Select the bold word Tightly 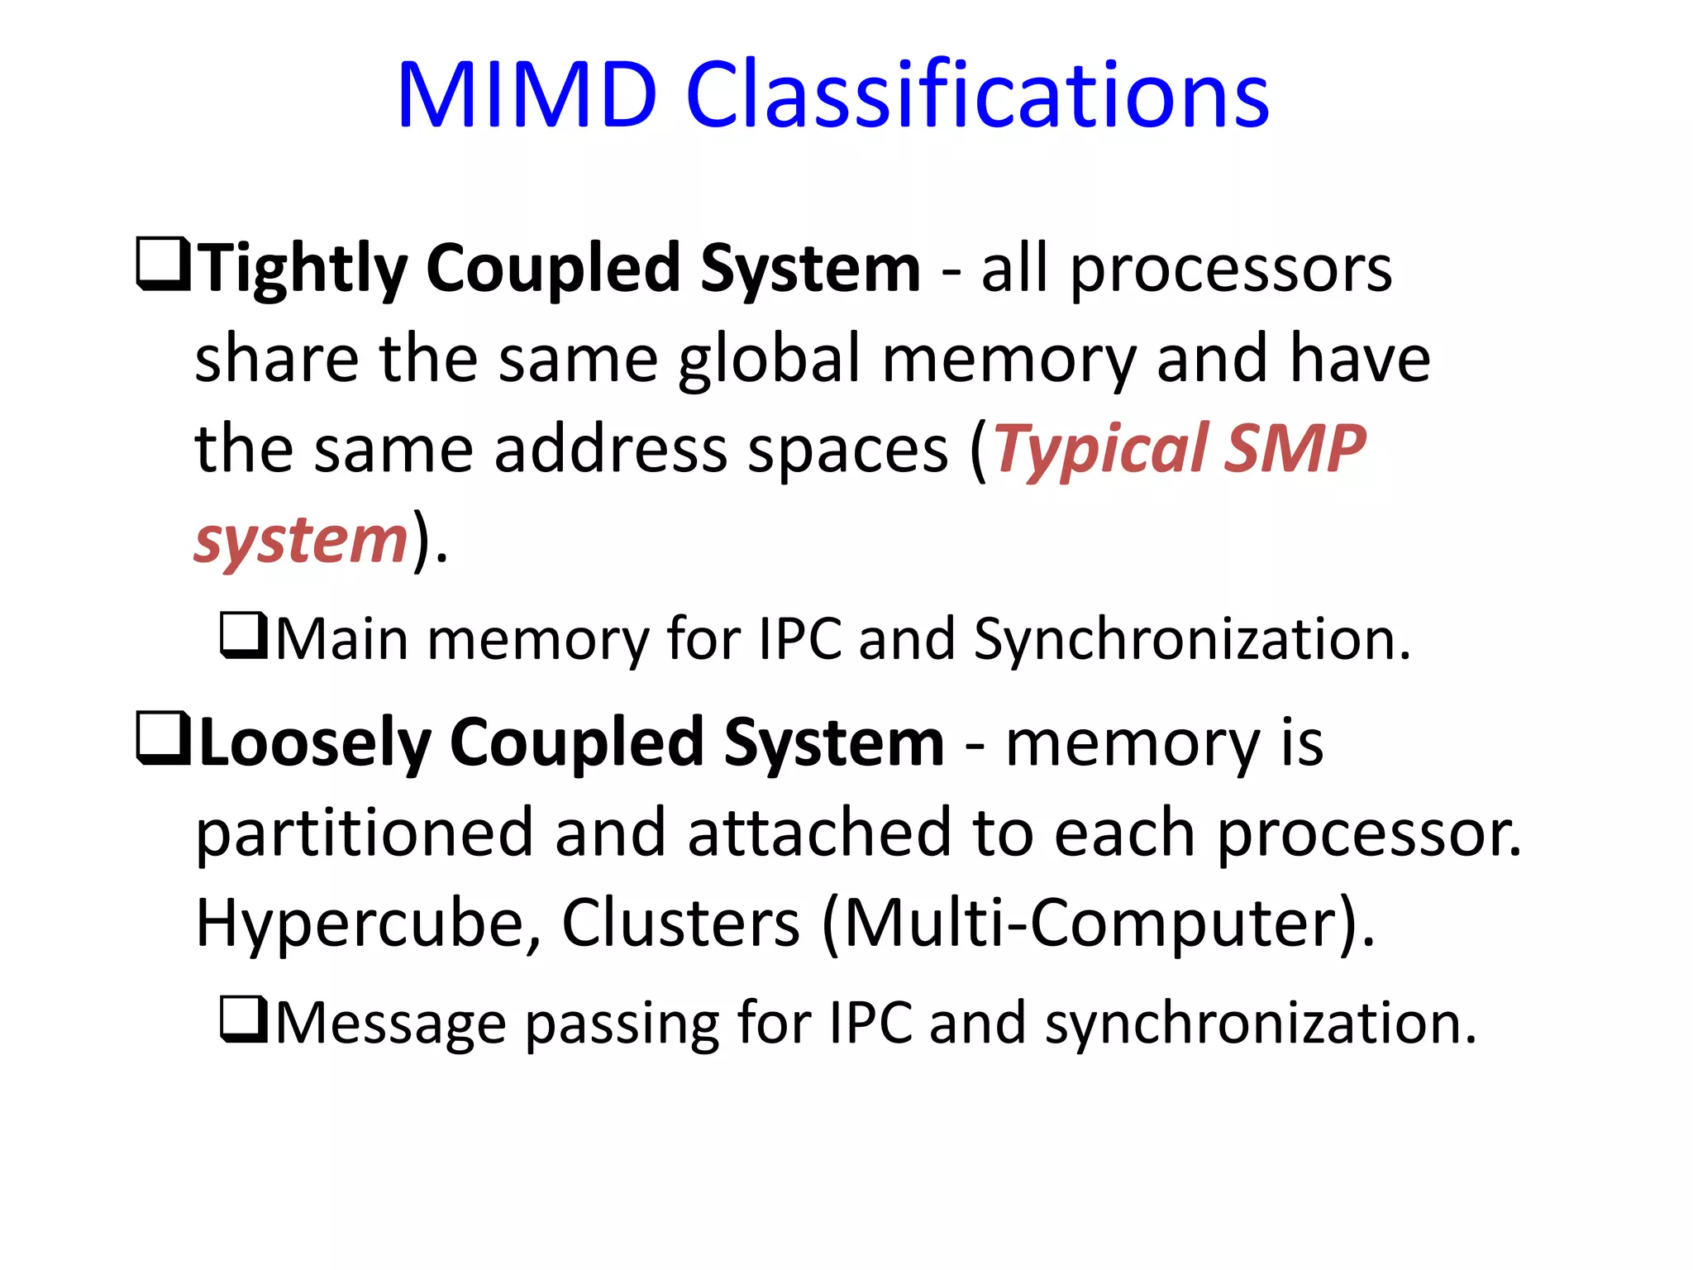(303, 269)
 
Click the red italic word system (301, 541)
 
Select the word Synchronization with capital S (1191, 641)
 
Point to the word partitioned (364, 833)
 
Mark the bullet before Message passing (242, 1019)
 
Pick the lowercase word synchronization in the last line (1260, 1024)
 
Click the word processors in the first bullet (1231, 270)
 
